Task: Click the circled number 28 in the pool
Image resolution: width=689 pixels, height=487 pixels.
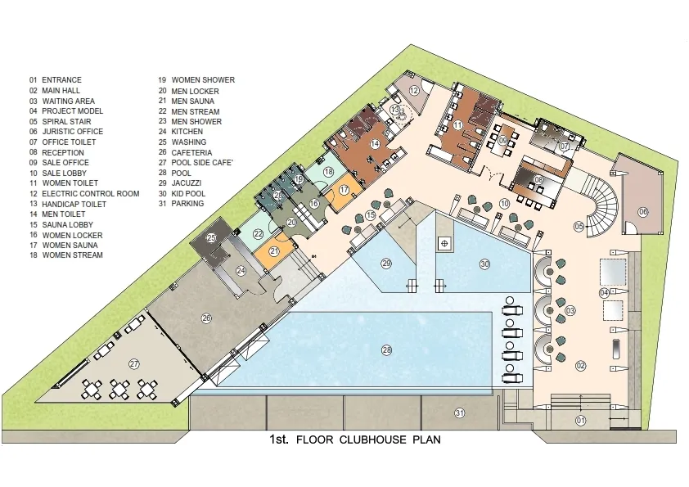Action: (387, 350)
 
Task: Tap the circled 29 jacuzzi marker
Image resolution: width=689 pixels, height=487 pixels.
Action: (386, 264)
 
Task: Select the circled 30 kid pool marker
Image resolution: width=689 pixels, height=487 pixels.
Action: (484, 264)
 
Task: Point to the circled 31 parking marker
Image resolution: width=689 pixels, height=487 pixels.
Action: (460, 413)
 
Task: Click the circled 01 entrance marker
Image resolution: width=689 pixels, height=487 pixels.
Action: (580, 421)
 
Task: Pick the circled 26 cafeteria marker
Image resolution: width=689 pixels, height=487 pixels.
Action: (206, 318)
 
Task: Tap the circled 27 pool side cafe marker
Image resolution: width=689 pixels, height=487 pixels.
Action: (134, 364)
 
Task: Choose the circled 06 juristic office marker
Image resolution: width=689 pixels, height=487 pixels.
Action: (643, 212)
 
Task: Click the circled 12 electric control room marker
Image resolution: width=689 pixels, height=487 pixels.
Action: (414, 91)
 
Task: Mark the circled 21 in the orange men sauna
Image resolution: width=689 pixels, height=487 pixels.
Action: (274, 251)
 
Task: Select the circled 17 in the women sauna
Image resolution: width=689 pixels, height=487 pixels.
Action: (344, 190)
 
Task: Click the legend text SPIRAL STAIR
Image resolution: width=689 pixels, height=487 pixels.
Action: (66, 121)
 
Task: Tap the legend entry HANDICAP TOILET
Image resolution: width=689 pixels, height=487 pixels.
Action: (74, 204)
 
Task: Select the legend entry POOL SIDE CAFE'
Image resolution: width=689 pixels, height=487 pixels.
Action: (202, 163)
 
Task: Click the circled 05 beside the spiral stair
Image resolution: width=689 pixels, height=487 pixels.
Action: (579, 227)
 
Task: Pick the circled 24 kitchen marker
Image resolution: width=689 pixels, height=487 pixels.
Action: (241, 271)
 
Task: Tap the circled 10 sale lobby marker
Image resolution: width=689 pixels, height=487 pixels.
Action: (504, 204)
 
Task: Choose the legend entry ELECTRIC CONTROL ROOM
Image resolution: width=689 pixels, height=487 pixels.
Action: (91, 193)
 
